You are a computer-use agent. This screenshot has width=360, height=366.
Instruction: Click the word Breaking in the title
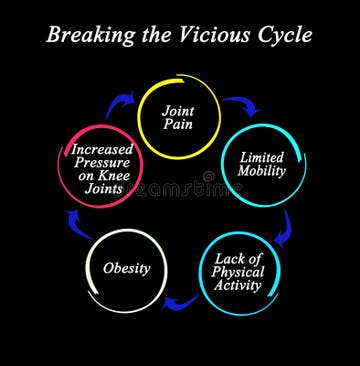click(x=91, y=37)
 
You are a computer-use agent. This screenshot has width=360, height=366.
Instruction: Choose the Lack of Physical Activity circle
click(x=237, y=271)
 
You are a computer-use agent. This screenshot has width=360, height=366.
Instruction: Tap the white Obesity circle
click(x=127, y=268)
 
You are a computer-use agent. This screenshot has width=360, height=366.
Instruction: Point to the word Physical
click(x=237, y=272)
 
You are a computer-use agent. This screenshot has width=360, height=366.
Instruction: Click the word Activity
click(x=237, y=285)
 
